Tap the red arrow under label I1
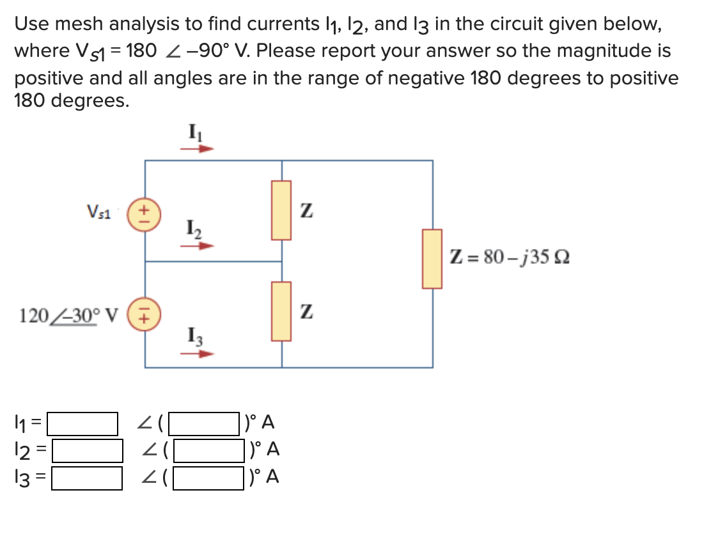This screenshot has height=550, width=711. coord(197,148)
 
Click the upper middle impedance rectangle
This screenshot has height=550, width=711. coord(281,210)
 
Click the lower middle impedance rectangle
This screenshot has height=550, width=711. coord(281,311)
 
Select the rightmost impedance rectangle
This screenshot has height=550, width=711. coord(432,258)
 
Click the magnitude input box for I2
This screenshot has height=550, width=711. coord(87,450)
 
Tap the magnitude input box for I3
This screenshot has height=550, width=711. coord(87,478)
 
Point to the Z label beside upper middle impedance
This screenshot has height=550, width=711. coord(308,210)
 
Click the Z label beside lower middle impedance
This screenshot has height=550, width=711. coord(308,313)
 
